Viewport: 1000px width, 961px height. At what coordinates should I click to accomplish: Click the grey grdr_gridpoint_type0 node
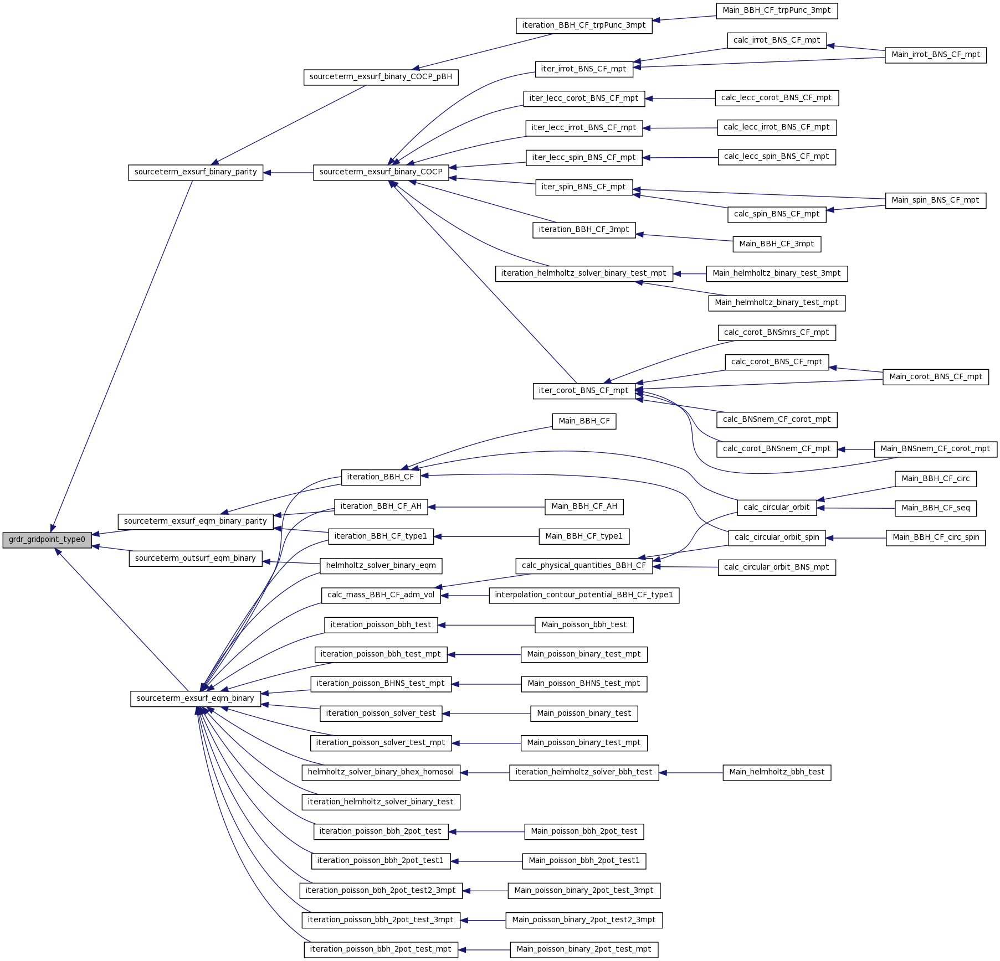click(47, 540)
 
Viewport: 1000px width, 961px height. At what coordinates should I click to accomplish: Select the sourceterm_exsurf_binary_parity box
click(196, 172)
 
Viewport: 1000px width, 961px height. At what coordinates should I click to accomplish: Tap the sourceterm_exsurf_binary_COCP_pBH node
click(381, 77)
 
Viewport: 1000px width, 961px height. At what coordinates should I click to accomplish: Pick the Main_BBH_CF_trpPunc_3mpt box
click(776, 11)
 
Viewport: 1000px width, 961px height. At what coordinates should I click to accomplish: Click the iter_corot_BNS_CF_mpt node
click(583, 391)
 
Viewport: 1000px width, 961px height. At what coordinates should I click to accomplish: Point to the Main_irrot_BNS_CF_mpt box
click(935, 55)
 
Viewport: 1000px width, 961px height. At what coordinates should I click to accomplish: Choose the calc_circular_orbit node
click(776, 508)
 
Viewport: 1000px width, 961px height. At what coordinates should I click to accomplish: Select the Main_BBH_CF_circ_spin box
click(935, 538)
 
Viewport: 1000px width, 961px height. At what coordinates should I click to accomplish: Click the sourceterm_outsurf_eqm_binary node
click(195, 559)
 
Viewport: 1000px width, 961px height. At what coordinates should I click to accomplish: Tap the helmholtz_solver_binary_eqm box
click(381, 566)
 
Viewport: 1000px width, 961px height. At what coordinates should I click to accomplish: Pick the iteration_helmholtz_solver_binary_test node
click(381, 802)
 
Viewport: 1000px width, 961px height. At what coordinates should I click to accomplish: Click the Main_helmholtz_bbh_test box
click(776, 772)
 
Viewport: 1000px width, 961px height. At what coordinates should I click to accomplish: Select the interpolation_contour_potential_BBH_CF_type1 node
click(583, 595)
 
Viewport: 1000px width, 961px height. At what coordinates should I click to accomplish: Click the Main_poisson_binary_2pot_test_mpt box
click(583, 949)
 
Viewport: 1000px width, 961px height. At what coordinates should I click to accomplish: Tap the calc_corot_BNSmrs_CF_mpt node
click(776, 333)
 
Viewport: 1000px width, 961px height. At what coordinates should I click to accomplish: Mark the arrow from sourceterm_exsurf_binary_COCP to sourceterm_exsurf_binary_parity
click(288, 173)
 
